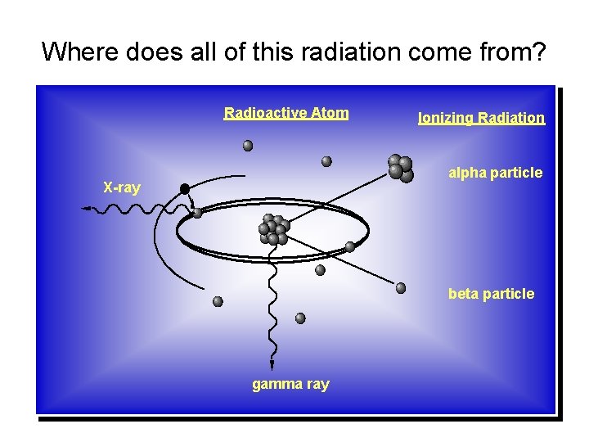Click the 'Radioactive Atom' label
286,113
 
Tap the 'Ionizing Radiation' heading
481,118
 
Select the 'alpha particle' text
495,173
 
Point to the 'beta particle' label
491,294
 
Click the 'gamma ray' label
290,384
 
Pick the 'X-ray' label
122,187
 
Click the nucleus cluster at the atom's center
273,230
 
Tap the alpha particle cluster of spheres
400,167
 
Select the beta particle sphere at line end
401,288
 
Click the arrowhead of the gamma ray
272,364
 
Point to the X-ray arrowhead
86,210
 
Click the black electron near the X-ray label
185,189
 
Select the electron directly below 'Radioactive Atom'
248,146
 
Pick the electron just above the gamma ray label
300,318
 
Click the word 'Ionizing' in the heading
447,118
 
